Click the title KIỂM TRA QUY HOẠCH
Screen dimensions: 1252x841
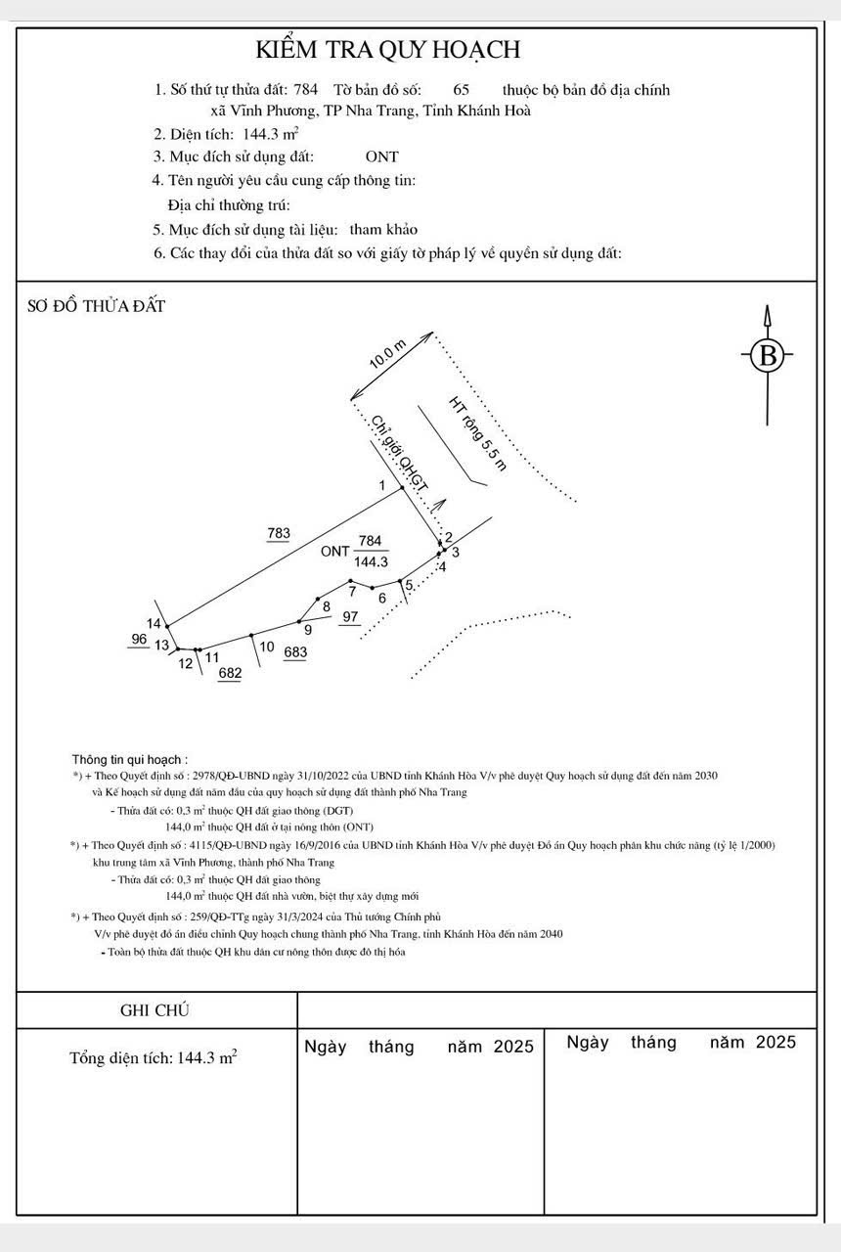click(388, 50)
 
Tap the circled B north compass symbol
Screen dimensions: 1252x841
click(768, 354)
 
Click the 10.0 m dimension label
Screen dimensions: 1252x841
click(387, 353)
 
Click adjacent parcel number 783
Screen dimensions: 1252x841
click(279, 533)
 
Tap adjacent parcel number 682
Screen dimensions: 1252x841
click(230, 673)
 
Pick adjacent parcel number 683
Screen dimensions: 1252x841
click(295, 652)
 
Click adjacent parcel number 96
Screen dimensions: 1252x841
click(139, 639)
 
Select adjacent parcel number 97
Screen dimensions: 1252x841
click(351, 617)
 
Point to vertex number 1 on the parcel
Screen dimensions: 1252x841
click(383, 485)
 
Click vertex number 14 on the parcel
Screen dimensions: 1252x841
click(155, 623)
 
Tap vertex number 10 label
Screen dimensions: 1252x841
click(267, 647)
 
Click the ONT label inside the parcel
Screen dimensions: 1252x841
click(334, 552)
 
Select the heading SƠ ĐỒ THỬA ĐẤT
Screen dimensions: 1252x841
click(96, 306)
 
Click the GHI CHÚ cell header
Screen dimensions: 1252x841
click(154, 1010)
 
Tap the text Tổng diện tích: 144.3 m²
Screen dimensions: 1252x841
click(153, 1058)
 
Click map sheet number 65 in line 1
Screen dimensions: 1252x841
click(462, 90)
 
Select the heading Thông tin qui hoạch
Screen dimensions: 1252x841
click(130, 759)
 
